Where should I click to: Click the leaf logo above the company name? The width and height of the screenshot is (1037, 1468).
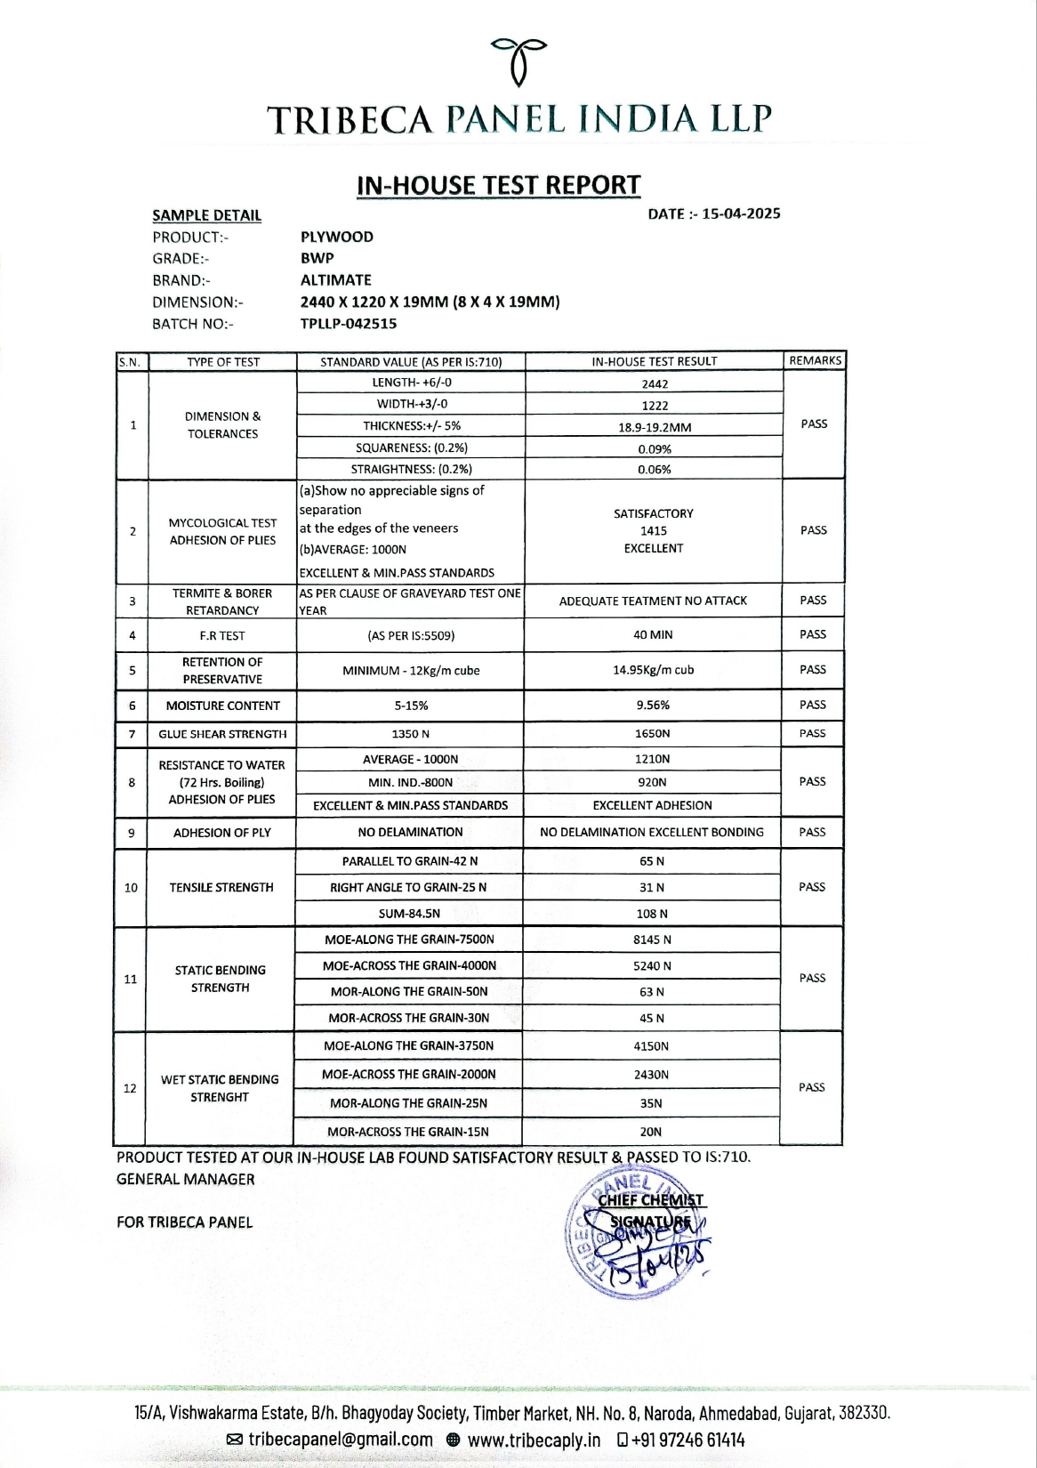(x=519, y=60)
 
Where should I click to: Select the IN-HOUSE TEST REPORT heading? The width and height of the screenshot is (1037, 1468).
(x=498, y=185)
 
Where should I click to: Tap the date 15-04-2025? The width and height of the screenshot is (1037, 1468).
(x=741, y=214)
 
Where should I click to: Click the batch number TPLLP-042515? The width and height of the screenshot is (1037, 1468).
(x=349, y=324)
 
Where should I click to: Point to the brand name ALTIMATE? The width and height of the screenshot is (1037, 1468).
(x=336, y=279)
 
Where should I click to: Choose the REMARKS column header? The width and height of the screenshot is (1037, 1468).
(x=815, y=360)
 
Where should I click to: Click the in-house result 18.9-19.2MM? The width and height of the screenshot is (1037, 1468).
(x=655, y=427)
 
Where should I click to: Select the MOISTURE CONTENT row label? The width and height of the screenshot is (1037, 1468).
(x=222, y=706)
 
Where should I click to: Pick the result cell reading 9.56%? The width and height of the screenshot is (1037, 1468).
(x=653, y=705)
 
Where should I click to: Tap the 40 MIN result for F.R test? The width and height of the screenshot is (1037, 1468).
(x=653, y=634)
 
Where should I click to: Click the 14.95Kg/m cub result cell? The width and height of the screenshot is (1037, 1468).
(x=653, y=670)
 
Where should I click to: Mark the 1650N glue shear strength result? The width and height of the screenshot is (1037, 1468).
(x=652, y=733)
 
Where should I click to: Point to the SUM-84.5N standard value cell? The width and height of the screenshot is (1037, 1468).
(x=409, y=914)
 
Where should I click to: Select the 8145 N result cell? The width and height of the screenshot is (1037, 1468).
(x=652, y=940)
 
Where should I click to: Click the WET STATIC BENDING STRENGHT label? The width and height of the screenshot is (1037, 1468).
(x=220, y=1088)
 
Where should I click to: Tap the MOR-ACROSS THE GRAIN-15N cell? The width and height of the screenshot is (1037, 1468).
(x=408, y=1132)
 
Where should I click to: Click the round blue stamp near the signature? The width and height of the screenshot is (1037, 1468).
(x=633, y=1235)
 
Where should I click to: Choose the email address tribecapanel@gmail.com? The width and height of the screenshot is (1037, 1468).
(x=341, y=1440)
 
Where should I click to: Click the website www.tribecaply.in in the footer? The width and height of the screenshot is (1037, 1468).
(x=534, y=1440)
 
